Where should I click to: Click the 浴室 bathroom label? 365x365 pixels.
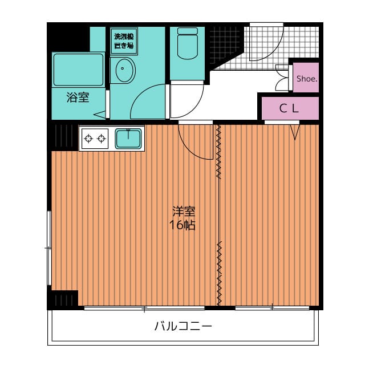(x=78, y=98)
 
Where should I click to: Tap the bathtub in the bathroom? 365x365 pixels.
(x=78, y=70)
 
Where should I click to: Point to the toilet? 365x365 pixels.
(x=187, y=44)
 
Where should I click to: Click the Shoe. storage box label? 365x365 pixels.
(x=306, y=79)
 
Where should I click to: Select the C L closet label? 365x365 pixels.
(x=289, y=109)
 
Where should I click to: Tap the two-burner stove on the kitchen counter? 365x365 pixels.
(x=95, y=138)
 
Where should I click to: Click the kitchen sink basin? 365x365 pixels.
(x=128, y=138)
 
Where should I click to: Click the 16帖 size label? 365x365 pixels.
(x=182, y=225)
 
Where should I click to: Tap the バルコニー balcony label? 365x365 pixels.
(x=183, y=327)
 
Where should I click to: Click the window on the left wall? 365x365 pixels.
(x=50, y=248)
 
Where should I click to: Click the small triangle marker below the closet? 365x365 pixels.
(x=295, y=133)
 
